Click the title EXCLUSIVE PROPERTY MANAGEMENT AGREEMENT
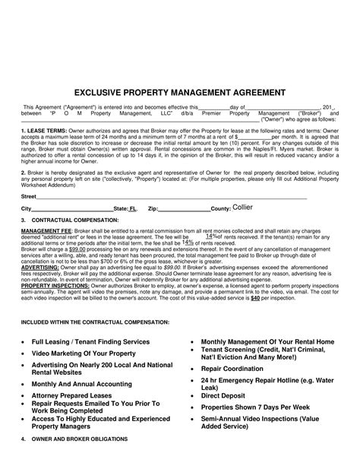[180, 91]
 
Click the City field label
[26, 208]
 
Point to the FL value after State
[134, 208]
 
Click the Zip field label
[153, 208]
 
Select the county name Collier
[243, 207]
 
